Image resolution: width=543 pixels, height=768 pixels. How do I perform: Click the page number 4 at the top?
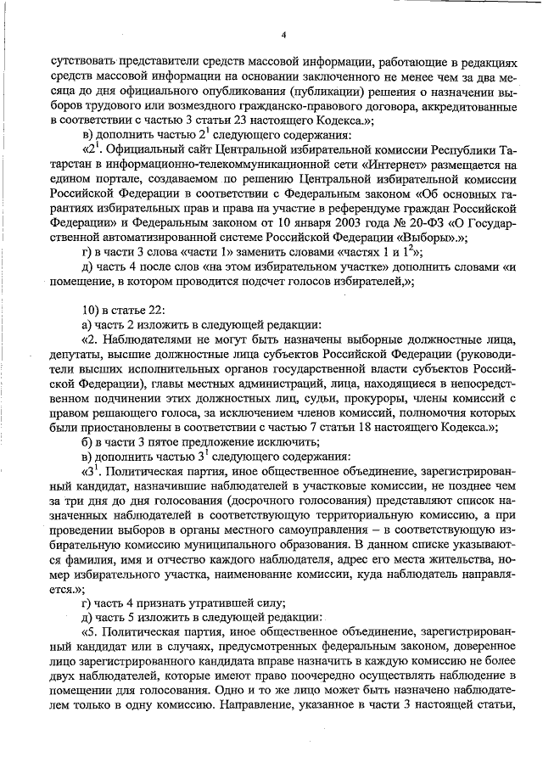click(x=283, y=35)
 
